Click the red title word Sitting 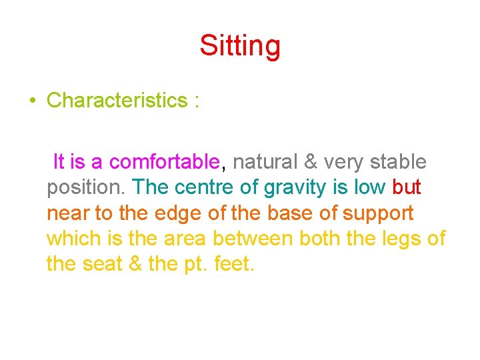pyautogui.click(x=240, y=47)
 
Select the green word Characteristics pyautogui.click(x=117, y=101)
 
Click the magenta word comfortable pyautogui.click(x=165, y=162)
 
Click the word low pyautogui.click(x=369, y=188)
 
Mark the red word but pyautogui.click(x=407, y=188)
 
